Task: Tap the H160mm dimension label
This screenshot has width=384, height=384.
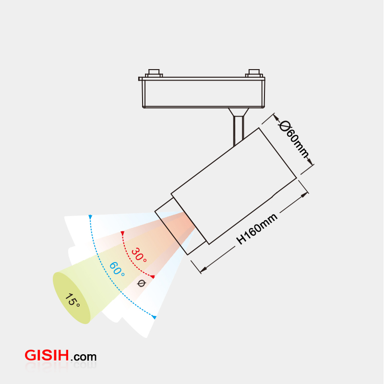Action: point(257,229)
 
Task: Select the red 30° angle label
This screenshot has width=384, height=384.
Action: point(139,254)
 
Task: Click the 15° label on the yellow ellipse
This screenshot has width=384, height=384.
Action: point(72,300)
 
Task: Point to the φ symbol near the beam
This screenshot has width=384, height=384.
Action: point(141,283)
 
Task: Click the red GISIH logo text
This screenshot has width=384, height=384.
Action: point(47,356)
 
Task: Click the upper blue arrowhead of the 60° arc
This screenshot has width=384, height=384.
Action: point(90,217)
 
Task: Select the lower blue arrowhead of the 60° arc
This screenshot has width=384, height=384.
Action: point(154,317)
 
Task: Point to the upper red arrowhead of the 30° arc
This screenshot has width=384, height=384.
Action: point(122,234)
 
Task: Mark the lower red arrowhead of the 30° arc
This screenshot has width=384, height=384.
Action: point(153,276)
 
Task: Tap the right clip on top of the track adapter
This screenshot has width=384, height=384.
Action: point(254,73)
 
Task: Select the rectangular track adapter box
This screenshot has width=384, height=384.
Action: point(203,93)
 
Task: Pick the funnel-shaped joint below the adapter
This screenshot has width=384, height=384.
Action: point(238,112)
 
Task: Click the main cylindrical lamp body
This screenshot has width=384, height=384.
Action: point(234,185)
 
